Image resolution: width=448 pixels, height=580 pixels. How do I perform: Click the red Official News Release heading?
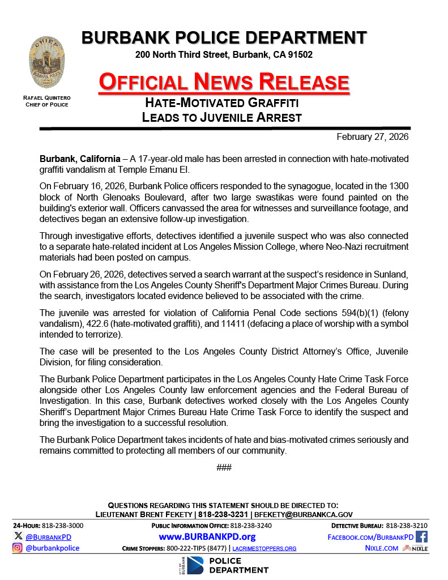click(224, 82)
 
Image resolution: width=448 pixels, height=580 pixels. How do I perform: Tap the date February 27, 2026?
click(372, 137)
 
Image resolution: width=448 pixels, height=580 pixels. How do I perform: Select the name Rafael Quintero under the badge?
click(46, 98)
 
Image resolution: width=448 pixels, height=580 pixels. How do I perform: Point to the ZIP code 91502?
click(300, 55)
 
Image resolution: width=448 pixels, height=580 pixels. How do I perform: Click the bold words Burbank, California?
click(80, 159)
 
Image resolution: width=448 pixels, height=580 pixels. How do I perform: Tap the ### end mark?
click(224, 467)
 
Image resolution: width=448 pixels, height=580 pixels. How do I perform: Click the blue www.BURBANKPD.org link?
click(207, 536)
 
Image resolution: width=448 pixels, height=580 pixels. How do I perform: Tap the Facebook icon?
click(421, 536)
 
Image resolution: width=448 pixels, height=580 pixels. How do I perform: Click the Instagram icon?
click(18, 548)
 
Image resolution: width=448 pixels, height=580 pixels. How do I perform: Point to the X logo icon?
click(19, 536)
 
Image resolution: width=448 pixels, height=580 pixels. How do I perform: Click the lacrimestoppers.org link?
click(264, 548)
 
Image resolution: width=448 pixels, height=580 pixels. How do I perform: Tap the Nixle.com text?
click(382, 548)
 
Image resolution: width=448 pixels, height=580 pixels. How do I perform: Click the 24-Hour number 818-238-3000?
click(63, 526)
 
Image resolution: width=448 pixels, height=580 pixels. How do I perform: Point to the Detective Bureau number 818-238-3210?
click(407, 526)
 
